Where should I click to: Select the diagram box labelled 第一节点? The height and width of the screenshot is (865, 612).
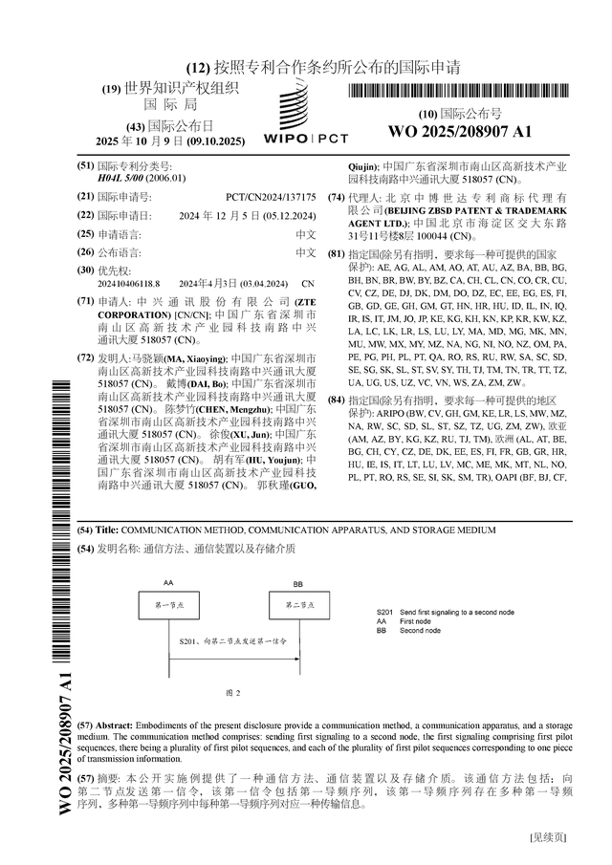(169, 605)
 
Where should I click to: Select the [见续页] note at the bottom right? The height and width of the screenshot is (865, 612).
(549, 837)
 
